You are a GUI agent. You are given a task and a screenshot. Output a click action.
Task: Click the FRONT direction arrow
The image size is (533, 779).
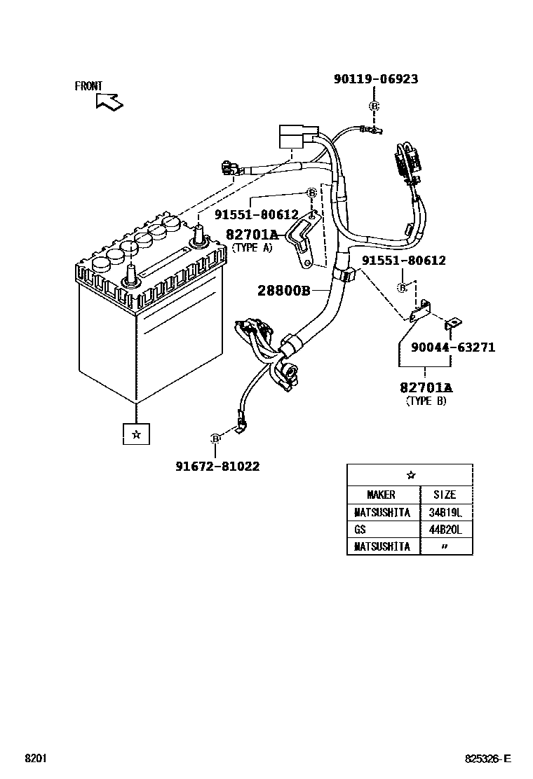coord(109,102)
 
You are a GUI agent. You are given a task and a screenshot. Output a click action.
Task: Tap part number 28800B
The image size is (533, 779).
coord(283,290)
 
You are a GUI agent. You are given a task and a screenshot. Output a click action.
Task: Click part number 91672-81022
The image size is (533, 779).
coord(217,466)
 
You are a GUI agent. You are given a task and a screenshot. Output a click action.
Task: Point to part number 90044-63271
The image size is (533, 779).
coord(453,347)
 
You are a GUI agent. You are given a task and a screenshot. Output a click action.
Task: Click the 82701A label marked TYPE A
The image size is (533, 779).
coord(252,234)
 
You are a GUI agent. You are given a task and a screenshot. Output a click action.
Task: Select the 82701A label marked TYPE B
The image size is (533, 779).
coord(426,387)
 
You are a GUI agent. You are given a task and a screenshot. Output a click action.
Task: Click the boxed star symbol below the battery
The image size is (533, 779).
coord(136,434)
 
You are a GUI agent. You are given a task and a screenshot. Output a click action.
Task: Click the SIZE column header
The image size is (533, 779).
coord(444,495)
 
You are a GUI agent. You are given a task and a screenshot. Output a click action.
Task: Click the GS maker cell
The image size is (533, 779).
coord(360,530)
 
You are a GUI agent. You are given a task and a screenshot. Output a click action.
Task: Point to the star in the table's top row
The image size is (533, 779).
coord(410,475)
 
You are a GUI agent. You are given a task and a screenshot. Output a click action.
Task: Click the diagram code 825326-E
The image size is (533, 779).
coord(488,759)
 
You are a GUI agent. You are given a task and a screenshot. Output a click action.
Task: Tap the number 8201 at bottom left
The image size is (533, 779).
coord(36,759)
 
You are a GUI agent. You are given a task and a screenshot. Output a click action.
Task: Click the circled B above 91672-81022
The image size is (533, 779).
coord(215,439)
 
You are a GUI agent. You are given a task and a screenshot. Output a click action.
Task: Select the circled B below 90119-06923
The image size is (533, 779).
coord(374,106)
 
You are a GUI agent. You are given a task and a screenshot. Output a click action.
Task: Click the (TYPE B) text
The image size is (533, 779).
coord(426,401)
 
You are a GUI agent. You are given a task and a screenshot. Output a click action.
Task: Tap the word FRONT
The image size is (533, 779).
coord(88,86)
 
